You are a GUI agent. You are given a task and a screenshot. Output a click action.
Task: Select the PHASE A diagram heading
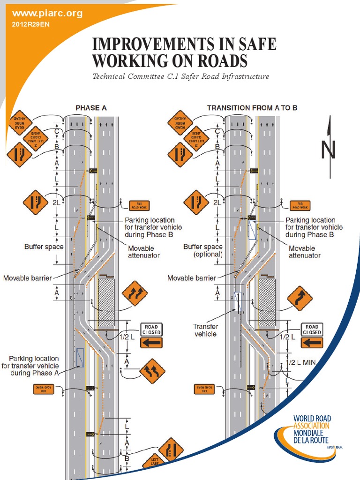click(x=91, y=108)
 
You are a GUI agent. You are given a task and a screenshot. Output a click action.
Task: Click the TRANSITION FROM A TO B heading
click(x=252, y=108)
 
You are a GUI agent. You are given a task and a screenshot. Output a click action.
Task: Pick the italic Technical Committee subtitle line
click(x=180, y=76)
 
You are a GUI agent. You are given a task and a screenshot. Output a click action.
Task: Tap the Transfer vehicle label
click(x=205, y=330)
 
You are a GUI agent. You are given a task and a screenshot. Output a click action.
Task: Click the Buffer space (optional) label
click(x=202, y=250)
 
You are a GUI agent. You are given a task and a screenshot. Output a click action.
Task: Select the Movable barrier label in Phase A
click(x=28, y=277)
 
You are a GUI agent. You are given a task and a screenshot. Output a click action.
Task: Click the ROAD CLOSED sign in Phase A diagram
click(x=151, y=330)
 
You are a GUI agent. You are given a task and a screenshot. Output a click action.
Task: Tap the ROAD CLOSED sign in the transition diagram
click(x=312, y=330)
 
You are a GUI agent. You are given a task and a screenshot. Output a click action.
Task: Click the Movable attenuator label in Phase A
click(x=143, y=252)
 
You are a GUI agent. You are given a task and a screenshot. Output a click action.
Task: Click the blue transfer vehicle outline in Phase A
click(x=80, y=357)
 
